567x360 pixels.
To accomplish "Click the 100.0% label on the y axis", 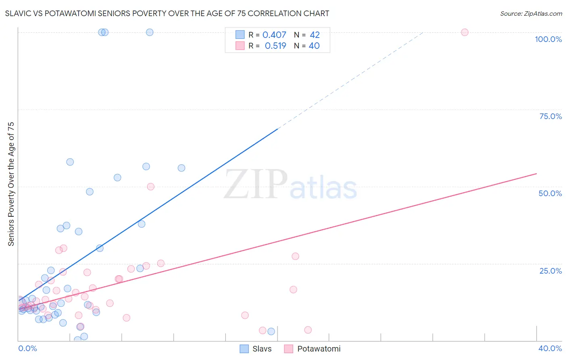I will coord(548,39).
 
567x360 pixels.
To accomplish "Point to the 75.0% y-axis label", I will coord(550,116).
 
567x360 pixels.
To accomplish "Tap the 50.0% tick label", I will coord(550,193).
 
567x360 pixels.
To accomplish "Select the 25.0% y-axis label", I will coord(550,271).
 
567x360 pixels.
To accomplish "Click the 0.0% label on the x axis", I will coord(27,348).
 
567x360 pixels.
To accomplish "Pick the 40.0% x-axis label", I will coord(550,348).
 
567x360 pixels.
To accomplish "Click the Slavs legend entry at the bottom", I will coord(256,349).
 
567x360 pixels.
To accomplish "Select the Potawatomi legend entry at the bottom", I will coord(313,349).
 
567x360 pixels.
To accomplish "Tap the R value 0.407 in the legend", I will coord(274,35).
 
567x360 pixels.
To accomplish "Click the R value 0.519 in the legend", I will coord(275,46).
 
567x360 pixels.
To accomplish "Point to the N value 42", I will coord(315,35).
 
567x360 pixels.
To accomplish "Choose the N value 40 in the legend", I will coord(314,46).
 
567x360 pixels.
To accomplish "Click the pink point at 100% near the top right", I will coord(465,32).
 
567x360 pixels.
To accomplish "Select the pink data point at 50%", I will coord(151,186).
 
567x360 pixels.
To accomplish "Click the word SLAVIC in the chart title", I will coord(18,13).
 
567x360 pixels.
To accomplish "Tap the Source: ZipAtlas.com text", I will coord(531,13).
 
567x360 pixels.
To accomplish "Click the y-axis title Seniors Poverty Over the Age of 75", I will coord(11,184).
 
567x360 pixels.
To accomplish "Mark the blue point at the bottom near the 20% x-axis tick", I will coord(271,331).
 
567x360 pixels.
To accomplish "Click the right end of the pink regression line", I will coord(536,174).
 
